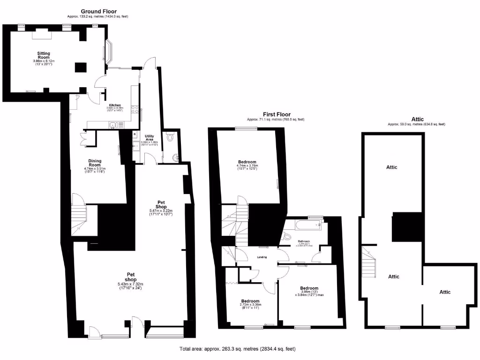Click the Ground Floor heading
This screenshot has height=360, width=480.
98,11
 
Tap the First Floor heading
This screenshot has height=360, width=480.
276,114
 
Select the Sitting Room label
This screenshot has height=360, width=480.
44,55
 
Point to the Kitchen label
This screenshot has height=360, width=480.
115,105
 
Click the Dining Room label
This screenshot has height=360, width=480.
95,163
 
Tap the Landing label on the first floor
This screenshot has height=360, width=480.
261,256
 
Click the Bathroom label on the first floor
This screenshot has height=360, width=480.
304,240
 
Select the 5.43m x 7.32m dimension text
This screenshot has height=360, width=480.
131,284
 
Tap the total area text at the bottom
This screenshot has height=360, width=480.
238,349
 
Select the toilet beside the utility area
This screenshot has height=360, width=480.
170,136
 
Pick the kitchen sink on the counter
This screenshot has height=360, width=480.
113,125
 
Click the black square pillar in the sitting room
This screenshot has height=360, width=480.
80,67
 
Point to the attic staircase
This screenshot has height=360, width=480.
368,261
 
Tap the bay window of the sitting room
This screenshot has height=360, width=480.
108,52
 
